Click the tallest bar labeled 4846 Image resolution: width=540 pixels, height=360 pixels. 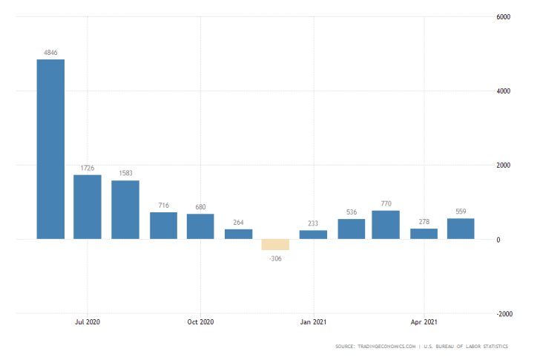(x=50, y=148)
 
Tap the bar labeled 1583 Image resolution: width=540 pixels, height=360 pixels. (x=125, y=209)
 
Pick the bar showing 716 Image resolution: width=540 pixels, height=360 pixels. (x=163, y=226)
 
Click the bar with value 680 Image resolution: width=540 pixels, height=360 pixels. (x=200, y=226)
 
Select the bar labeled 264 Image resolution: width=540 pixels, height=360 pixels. (x=238, y=234)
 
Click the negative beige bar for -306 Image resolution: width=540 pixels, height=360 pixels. (x=275, y=244)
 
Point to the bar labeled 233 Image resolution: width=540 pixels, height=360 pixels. (x=313, y=235)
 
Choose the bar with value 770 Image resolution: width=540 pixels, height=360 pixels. (x=386, y=225)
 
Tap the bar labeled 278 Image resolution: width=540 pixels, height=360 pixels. (x=424, y=234)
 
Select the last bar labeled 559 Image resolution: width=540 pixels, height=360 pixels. (x=461, y=229)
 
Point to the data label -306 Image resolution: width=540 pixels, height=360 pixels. (x=275, y=258)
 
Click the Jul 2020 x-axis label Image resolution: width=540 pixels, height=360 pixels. (x=88, y=322)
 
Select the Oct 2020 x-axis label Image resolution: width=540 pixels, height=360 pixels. (x=200, y=322)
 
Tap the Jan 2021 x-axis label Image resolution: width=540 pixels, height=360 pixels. (x=313, y=322)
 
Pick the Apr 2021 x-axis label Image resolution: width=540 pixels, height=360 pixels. (x=424, y=322)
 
